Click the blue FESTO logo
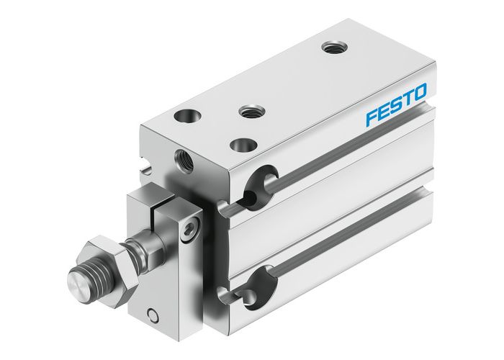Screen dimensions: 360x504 pos(396,104)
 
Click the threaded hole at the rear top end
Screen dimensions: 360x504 pos(332,48)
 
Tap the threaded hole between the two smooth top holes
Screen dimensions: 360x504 pos(250,111)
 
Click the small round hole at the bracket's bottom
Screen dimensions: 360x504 pos(152,314)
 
